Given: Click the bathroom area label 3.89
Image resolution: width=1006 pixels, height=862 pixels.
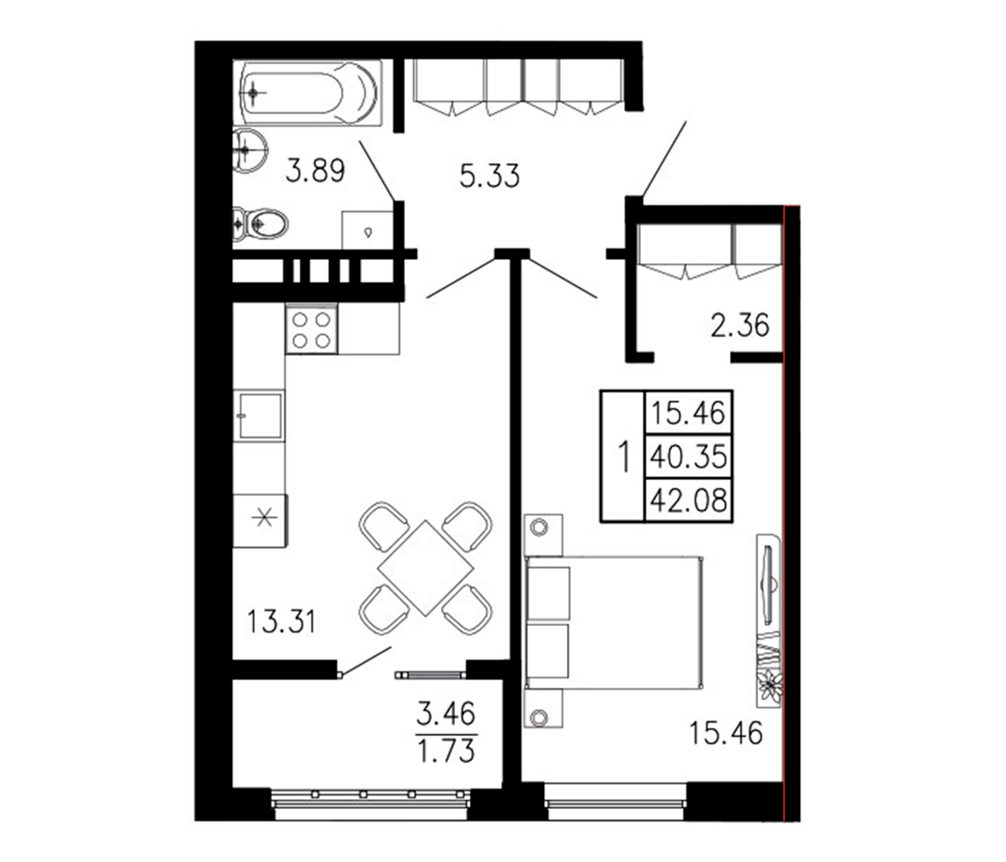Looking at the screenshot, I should click(x=315, y=171).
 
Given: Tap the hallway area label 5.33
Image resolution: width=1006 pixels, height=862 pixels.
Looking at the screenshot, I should click(x=489, y=176).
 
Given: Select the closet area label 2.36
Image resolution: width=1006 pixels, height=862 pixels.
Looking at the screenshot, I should click(x=740, y=326).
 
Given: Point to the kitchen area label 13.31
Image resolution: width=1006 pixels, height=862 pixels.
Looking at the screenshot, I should click(x=281, y=622).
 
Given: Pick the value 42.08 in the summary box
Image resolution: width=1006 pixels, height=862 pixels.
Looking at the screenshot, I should click(x=688, y=501).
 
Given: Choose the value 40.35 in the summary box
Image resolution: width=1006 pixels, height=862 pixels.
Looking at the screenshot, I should click(x=688, y=457).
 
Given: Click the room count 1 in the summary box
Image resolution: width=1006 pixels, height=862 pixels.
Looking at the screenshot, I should click(x=623, y=456).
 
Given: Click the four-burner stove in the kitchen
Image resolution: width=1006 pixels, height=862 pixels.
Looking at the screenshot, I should click(x=311, y=329).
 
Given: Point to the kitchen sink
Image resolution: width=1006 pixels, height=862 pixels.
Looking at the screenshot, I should click(x=260, y=416).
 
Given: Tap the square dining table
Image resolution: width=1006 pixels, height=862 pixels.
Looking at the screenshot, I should click(x=425, y=568).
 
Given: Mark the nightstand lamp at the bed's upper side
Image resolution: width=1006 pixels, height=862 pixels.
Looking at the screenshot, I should click(x=539, y=527).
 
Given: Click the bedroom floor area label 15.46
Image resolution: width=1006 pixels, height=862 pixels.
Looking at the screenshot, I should click(x=726, y=733).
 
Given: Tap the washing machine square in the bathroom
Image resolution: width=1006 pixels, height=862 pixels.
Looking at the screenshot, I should click(x=367, y=230).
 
